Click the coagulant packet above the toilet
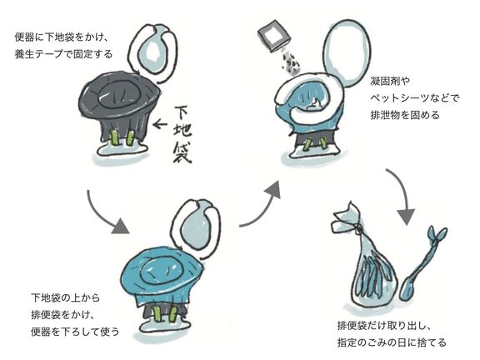point(274,36)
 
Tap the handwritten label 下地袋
point(182,134)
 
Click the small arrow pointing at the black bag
point(160,124)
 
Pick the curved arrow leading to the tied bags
point(403,192)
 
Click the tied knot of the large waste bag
point(358,227)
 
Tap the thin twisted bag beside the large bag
point(422,262)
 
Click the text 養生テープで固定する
point(63,54)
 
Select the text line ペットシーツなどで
point(415,98)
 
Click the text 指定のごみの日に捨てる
point(392,342)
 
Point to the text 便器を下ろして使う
point(75,332)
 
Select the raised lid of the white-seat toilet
point(347,53)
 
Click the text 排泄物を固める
point(405,115)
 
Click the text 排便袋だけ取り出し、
point(385,325)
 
